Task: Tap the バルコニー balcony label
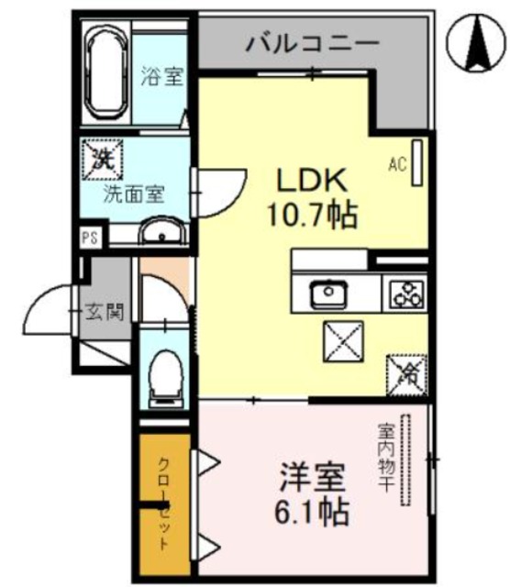312,42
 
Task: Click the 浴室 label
161,77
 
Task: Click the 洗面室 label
133,194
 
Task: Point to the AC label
397,164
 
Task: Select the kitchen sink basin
327,294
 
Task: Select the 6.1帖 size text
312,511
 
